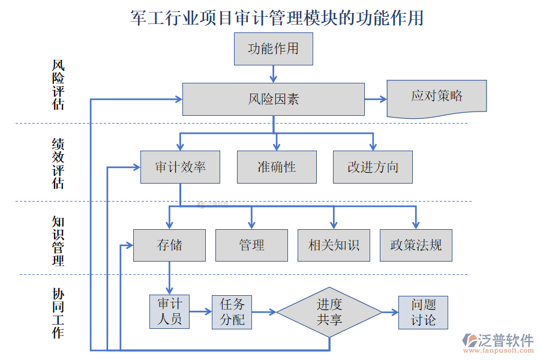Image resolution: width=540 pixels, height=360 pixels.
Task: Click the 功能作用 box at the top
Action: pos(273,49)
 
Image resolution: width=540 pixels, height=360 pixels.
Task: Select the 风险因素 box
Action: pos(273,99)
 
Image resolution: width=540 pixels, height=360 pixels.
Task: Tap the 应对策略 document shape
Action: pos(436,97)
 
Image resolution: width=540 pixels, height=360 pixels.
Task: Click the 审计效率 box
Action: pos(180,167)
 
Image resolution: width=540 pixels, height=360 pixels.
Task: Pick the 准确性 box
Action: pos(277,167)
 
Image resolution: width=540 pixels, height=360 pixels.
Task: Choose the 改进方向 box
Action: pos(373,167)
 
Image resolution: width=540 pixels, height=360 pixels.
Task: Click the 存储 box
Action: pos(169,245)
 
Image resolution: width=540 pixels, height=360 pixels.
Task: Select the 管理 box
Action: pos(251,245)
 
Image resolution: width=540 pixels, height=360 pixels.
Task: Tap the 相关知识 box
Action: pos(334,245)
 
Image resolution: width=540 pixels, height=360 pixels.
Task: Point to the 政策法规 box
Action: pos(416,245)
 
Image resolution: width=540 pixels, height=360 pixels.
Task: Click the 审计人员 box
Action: pos(169,312)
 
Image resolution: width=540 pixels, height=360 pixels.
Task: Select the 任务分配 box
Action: pos(232,312)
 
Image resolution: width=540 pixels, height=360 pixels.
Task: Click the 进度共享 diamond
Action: pos(329,312)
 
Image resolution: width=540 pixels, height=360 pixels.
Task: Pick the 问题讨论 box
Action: pos(423,312)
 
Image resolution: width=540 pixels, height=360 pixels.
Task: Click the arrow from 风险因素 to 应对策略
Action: pos(376,99)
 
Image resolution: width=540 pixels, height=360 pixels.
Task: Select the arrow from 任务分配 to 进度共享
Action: pos(264,312)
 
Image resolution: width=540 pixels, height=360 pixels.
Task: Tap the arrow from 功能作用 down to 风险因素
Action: pos(274,74)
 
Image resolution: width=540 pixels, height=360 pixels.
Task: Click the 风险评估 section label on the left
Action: pos(58,85)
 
